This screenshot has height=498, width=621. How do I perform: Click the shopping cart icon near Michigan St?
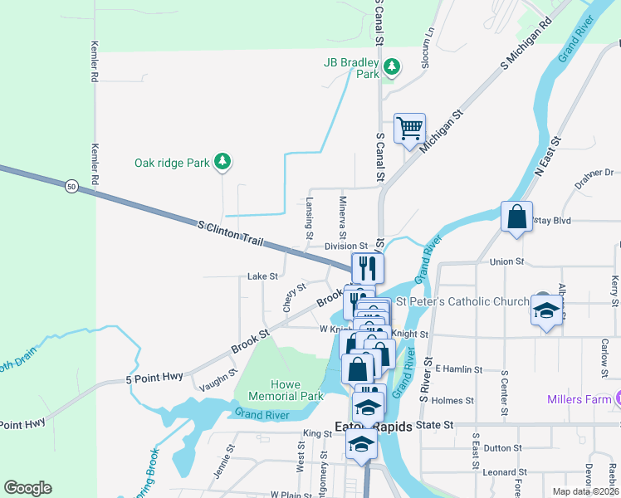(409, 129)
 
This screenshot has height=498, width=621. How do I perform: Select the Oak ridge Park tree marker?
(222, 163)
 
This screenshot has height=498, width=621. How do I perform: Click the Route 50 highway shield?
(71, 188)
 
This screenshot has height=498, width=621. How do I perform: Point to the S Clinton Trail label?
(231, 232)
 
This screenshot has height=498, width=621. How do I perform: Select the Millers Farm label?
(578, 399)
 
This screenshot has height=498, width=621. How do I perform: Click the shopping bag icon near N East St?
(516, 217)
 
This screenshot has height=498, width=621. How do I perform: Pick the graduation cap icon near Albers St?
(545, 310)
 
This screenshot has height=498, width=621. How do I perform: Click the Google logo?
(27, 488)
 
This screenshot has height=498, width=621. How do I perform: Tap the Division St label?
(345, 247)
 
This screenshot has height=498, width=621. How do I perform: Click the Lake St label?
(262, 276)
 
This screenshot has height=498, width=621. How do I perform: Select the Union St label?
(506, 261)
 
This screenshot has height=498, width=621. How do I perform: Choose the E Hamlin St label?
(458, 368)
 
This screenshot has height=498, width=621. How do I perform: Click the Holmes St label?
(452, 400)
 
